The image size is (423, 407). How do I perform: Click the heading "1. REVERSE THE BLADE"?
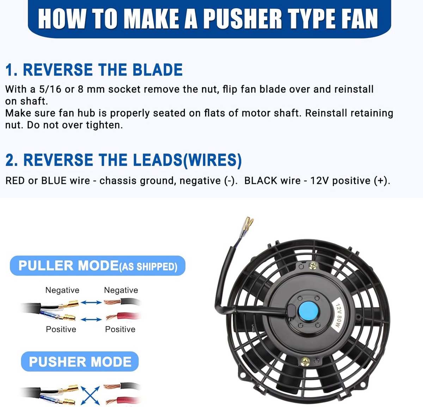click(94, 70)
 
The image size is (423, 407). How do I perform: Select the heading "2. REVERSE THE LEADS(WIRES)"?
click(123, 160)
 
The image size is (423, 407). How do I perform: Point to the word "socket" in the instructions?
click(124, 89)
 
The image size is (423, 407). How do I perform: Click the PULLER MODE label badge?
click(98, 266)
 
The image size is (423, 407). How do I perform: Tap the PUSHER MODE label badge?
click(80, 361)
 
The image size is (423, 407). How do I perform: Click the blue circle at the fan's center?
click(308, 311)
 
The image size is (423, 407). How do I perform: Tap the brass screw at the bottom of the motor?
click(305, 362)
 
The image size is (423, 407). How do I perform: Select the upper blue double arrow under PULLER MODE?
click(91, 302)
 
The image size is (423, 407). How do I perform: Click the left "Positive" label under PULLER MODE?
click(61, 329)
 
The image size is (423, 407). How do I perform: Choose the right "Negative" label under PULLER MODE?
click(121, 290)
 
